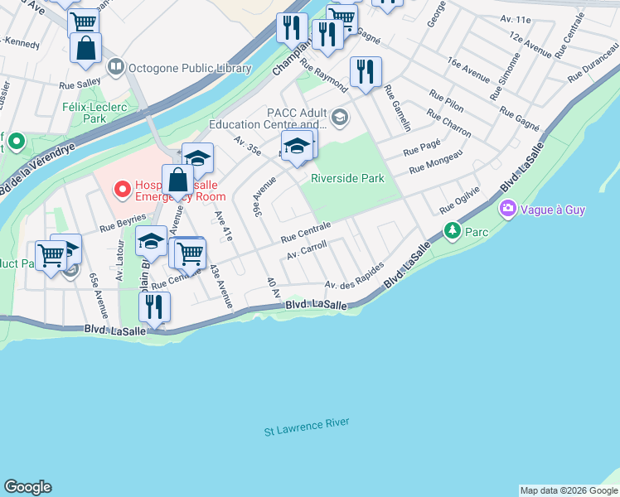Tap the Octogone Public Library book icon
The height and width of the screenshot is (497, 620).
pyautogui.click(x=116, y=66)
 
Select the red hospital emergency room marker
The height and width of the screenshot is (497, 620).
pyautogui.click(x=122, y=190)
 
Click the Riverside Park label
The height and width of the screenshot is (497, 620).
pyautogui.click(x=347, y=178)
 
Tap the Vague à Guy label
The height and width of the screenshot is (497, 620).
pyautogui.click(x=553, y=210)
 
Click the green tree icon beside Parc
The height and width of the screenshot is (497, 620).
pyautogui.click(x=452, y=230)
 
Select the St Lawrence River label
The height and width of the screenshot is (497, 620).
pyautogui.click(x=307, y=427)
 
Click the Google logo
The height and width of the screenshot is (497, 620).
pyautogui.click(x=27, y=487)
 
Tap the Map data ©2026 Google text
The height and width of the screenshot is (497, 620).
pyautogui.click(x=568, y=490)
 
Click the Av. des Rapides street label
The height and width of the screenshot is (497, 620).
pyautogui.click(x=354, y=277)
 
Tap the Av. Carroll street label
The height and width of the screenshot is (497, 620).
pyautogui.click(x=305, y=250)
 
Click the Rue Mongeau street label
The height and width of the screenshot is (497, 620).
pyautogui.click(x=435, y=162)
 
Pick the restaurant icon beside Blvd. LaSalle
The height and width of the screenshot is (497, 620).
pyautogui.click(x=153, y=307)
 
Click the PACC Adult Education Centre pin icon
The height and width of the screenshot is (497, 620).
pyautogui.click(x=340, y=115)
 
